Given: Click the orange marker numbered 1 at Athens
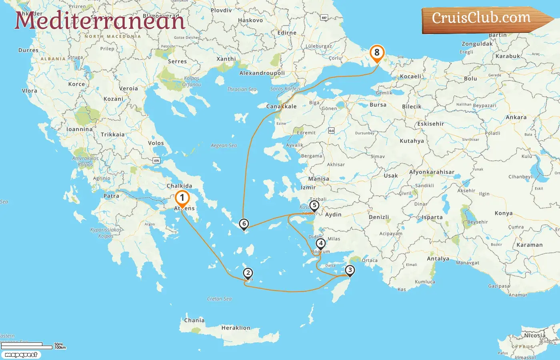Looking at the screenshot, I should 182,198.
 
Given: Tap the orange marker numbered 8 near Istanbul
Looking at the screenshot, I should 377,52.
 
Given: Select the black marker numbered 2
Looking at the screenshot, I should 248,273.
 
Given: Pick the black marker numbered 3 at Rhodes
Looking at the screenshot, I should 350,270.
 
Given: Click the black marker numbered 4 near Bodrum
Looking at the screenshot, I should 320,243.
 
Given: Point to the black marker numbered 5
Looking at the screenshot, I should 314,206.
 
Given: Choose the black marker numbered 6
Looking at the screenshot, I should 244,224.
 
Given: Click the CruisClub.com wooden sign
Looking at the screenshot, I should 482,19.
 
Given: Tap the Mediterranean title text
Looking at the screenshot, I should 100,21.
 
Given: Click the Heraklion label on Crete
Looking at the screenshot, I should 236,328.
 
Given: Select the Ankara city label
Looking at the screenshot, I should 516,118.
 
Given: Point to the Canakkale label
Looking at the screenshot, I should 282,106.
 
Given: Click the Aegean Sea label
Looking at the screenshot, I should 224,146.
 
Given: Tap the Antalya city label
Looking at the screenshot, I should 438,259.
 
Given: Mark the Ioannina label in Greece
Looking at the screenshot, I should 79,130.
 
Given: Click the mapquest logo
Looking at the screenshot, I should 21,355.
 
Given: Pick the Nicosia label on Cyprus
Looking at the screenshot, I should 535,336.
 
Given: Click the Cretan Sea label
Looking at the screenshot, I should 219,299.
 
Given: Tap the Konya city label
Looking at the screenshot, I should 503,213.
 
